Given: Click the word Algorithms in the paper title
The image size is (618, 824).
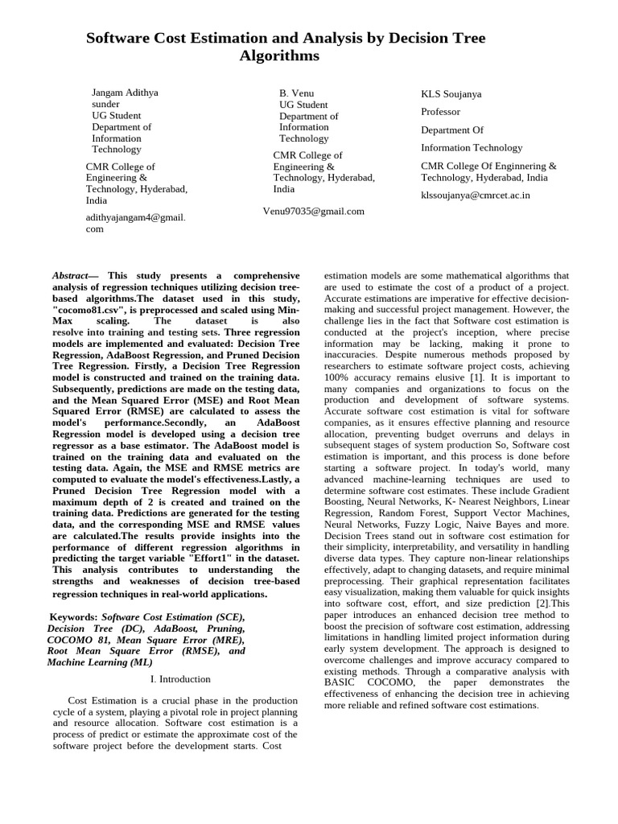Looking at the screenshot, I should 279,56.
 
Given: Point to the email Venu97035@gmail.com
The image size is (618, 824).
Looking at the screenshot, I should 313,211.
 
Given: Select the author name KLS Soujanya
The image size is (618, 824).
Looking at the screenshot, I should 451,94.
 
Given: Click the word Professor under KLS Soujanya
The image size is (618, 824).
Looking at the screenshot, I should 441,112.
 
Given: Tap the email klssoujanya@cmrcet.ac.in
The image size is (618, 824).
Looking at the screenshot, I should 476,195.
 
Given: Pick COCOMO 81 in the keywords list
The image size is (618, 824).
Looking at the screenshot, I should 80,639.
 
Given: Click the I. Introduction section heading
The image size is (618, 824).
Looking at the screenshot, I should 180,679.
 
